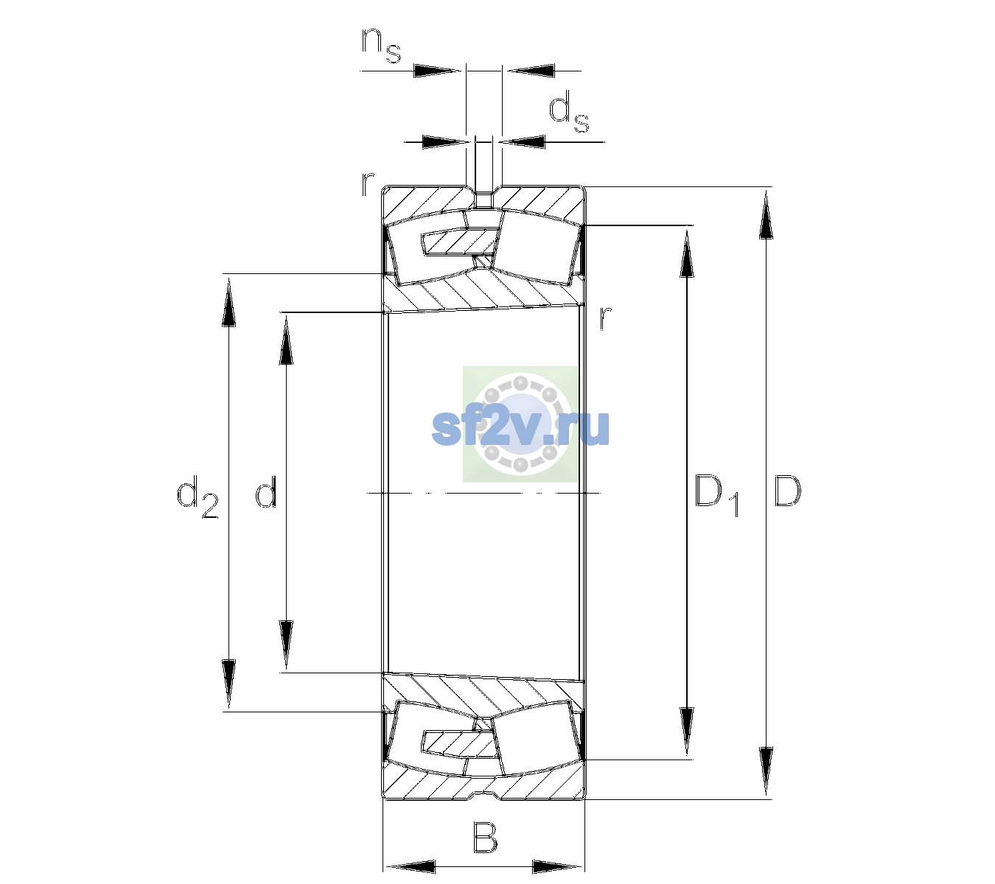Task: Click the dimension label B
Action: (x=485, y=837)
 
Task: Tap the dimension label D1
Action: (x=717, y=495)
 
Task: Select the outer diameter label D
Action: (x=787, y=491)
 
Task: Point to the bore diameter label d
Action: (x=266, y=491)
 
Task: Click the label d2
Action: (x=198, y=497)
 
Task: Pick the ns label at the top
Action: (x=381, y=45)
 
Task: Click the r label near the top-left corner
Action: (x=367, y=183)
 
